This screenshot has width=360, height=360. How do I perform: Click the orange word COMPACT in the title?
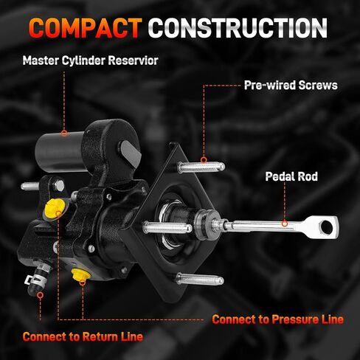[86, 28]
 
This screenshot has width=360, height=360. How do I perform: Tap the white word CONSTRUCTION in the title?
[238, 28]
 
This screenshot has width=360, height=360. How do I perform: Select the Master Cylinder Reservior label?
[90, 60]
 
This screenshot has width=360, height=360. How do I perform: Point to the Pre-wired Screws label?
[291, 86]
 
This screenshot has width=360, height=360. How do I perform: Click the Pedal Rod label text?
[291, 176]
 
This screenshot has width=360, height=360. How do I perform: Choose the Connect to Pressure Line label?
[278, 319]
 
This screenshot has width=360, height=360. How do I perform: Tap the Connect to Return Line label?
[83, 336]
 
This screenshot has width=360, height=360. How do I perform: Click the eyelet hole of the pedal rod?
[326, 226]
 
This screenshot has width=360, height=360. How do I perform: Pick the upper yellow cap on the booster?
[55, 207]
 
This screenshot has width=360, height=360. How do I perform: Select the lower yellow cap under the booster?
[81, 274]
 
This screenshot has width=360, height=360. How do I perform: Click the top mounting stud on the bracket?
[201, 167]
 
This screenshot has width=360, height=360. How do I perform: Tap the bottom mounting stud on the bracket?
[200, 280]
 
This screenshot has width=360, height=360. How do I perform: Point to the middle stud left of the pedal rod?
[168, 227]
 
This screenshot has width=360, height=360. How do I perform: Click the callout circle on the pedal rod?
[285, 224]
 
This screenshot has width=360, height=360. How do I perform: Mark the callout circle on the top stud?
[204, 160]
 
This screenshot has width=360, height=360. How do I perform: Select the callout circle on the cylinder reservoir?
[64, 134]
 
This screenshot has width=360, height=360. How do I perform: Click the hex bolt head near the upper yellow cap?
[59, 186]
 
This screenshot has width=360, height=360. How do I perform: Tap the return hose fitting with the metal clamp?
[38, 278]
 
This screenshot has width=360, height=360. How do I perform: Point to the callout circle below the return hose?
[41, 295]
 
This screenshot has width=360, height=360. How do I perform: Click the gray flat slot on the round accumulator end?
[131, 153]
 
